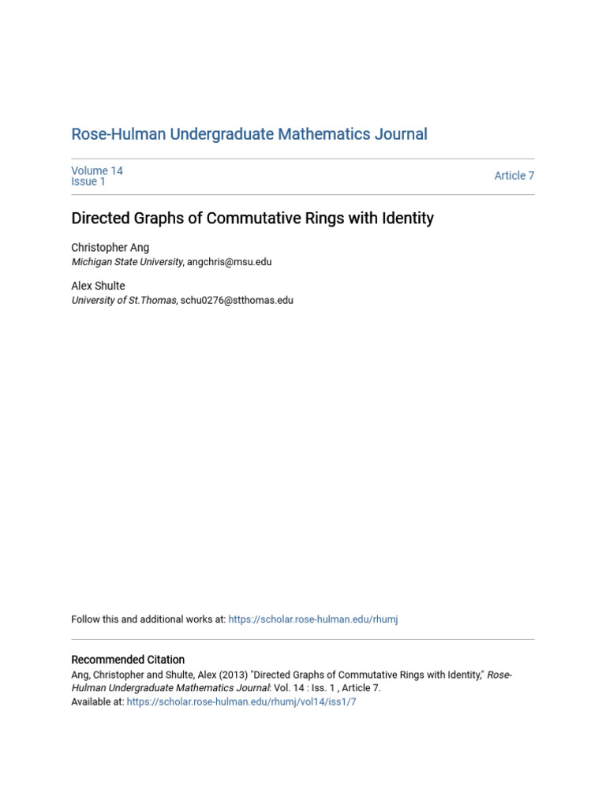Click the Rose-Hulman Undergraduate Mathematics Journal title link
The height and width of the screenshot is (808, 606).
pyautogui.click(x=249, y=135)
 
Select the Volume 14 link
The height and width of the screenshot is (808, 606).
pyautogui.click(x=97, y=170)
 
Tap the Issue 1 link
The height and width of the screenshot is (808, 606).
pyautogui.click(x=88, y=182)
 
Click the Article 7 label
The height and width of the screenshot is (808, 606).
pyautogui.click(x=514, y=176)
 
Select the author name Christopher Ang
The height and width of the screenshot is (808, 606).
pyautogui.click(x=110, y=248)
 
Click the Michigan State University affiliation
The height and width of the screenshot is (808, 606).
pyautogui.click(x=127, y=262)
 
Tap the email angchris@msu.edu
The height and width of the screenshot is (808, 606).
pyautogui.click(x=229, y=262)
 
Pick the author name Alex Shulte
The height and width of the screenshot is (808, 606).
pyautogui.click(x=98, y=286)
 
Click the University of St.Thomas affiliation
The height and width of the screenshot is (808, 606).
pyautogui.click(x=124, y=301)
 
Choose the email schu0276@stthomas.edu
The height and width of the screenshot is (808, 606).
pyautogui.click(x=237, y=301)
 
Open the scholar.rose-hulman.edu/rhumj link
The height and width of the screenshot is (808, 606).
pyautogui.click(x=312, y=620)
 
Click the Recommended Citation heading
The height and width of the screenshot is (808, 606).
pyautogui.click(x=128, y=660)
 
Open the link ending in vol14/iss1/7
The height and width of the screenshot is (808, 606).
pyautogui.click(x=241, y=701)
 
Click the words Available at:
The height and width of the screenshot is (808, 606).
pyautogui.click(x=98, y=701)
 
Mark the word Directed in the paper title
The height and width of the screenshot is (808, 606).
pyautogui.click(x=98, y=219)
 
